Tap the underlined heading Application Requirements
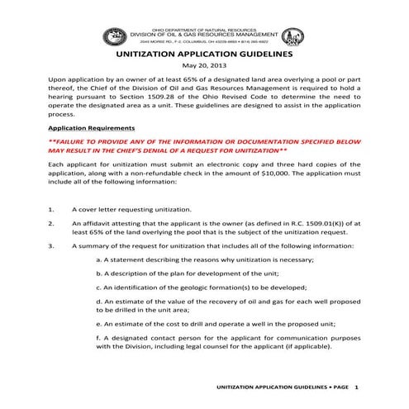coord(92,129)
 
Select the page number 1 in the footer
coord(355,387)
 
